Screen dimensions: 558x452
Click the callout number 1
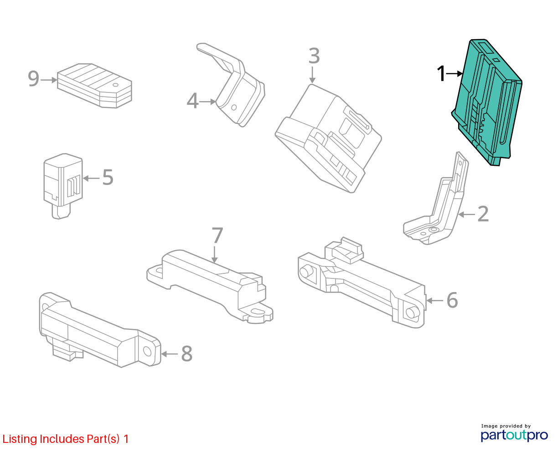point(441,74)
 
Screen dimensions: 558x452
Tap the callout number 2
point(483,214)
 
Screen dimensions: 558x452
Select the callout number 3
point(314,56)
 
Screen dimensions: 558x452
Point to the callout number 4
point(192,101)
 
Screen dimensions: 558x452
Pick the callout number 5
point(108,177)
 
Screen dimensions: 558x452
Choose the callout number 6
point(452,300)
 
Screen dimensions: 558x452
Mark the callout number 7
point(217,235)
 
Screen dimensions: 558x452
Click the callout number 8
point(187,354)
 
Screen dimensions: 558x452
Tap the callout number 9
point(34,78)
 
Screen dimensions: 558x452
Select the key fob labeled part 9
point(94,85)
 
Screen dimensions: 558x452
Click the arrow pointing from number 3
point(312,75)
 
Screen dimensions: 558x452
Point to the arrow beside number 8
point(170,354)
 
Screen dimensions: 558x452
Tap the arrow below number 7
point(215,254)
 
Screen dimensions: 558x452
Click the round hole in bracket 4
point(234,108)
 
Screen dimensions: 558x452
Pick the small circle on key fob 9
point(115,85)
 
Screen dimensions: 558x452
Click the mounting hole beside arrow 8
point(147,351)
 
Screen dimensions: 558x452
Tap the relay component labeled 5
point(63,186)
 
